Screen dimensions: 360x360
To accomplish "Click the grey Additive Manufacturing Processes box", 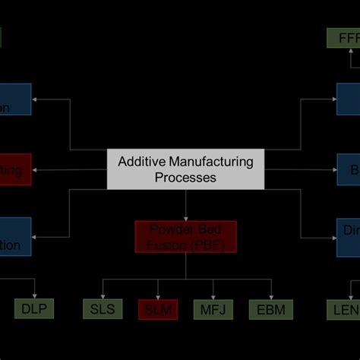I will coord(185,169).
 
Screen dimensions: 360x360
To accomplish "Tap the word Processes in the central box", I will coord(185,178).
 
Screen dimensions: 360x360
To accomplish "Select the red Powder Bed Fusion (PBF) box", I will coord(185,237).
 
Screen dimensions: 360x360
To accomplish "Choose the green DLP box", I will coord(34,308).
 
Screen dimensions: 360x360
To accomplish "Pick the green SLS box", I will coord(103,308).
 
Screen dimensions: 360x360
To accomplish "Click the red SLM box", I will coord(157,308).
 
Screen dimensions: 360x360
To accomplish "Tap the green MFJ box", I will coord(213,308).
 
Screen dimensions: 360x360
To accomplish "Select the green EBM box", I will coord(270,308).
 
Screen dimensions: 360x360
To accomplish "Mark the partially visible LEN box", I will coord(343,308).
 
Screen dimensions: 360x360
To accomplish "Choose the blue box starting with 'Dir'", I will coord(348,236).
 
